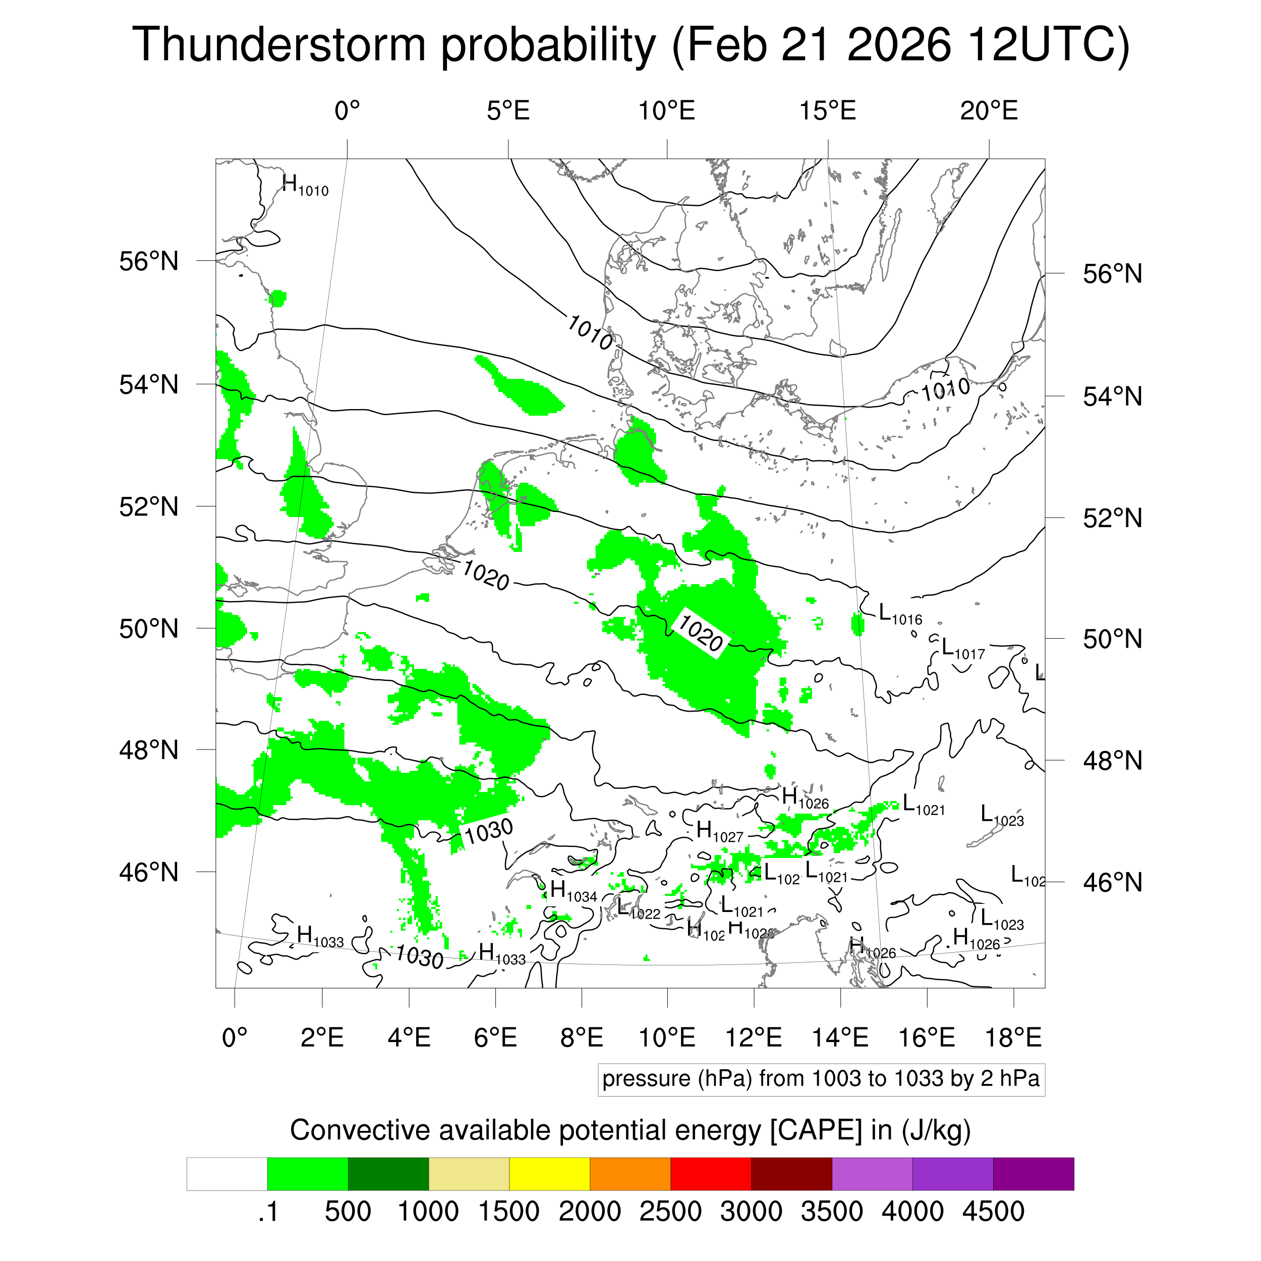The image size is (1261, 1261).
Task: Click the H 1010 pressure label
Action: point(305,186)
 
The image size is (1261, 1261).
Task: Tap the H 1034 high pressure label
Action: point(573,892)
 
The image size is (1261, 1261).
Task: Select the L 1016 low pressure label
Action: point(900,614)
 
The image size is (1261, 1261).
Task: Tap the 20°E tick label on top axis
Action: point(988,111)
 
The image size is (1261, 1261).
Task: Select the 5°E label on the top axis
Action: point(508,111)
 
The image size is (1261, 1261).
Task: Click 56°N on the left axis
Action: point(149,262)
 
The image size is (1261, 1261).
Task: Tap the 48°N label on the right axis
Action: point(1112,761)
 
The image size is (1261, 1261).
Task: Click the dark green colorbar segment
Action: point(388,1174)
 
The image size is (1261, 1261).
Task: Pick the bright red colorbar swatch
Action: point(710,1174)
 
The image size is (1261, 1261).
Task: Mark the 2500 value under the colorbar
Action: point(670,1212)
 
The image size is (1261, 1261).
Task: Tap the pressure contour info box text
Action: point(821,1079)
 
